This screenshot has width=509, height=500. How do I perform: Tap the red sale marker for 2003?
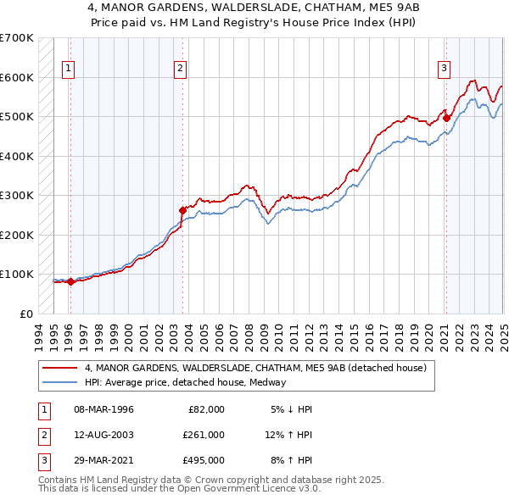point(182,210)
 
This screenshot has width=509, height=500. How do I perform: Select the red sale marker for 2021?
point(446,119)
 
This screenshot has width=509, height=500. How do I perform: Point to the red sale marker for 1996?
point(70,281)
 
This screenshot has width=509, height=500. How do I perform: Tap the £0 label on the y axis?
point(26,314)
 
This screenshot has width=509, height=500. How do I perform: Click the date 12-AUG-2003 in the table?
point(104,435)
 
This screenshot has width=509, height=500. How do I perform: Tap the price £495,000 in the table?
point(204,460)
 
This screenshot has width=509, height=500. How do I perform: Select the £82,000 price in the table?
point(206,409)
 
